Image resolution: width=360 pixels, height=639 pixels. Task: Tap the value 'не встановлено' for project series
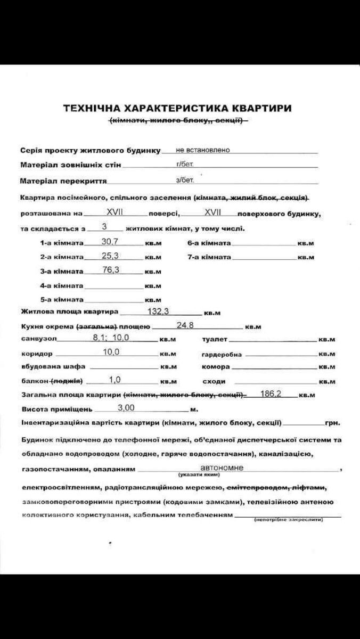(203, 150)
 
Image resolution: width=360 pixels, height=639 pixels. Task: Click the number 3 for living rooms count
(104, 226)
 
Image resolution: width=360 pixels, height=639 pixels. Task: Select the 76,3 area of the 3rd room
(111, 270)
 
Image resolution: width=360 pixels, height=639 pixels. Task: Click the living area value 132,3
(158, 312)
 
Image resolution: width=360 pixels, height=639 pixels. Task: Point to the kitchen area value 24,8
(185, 325)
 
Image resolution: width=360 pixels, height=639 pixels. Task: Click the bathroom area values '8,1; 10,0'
(111, 338)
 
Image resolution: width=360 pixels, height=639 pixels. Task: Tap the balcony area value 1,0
(115, 380)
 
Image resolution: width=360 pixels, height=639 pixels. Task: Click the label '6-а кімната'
(209, 243)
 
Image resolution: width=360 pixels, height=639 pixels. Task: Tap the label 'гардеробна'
(222, 354)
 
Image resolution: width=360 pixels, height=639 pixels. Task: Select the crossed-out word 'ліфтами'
(310, 487)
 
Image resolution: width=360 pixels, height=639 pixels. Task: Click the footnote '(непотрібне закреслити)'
(289, 520)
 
